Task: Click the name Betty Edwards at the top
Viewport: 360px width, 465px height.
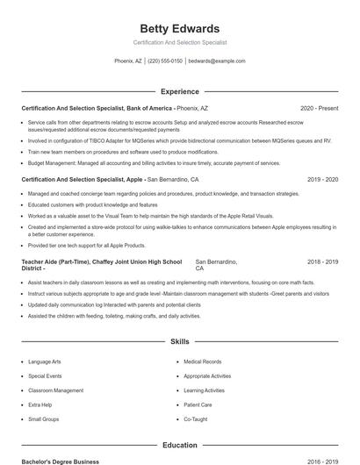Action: point(180,28)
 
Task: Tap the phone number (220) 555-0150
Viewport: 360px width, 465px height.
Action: point(165,61)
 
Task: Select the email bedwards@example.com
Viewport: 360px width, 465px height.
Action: point(217,61)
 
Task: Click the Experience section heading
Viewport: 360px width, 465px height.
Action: point(180,91)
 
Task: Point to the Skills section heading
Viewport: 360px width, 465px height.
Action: point(180,340)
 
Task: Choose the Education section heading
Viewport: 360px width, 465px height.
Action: point(180,445)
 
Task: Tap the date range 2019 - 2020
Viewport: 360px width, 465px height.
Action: point(322,179)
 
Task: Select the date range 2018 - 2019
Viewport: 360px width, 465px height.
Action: point(322,261)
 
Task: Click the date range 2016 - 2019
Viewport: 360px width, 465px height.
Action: point(322,461)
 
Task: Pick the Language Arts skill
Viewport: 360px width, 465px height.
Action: point(45,361)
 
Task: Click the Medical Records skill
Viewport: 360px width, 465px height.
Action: point(202,361)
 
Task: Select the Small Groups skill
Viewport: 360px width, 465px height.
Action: point(43,419)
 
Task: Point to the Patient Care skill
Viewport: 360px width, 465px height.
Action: point(198,404)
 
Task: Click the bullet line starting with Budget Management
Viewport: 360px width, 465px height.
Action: point(154,162)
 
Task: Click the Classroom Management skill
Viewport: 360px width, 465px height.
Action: point(55,390)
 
